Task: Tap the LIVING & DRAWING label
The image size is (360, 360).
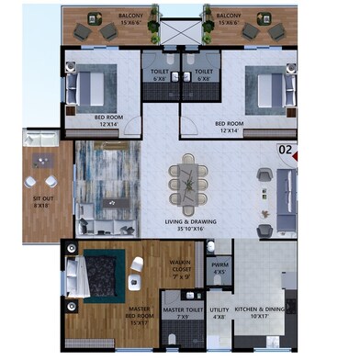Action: [x=196, y=222]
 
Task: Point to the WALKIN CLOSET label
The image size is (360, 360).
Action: [x=181, y=265]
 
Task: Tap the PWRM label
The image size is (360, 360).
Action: [x=219, y=268]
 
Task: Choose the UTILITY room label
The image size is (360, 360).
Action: [x=219, y=312]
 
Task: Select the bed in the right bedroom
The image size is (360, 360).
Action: [x=273, y=90]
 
